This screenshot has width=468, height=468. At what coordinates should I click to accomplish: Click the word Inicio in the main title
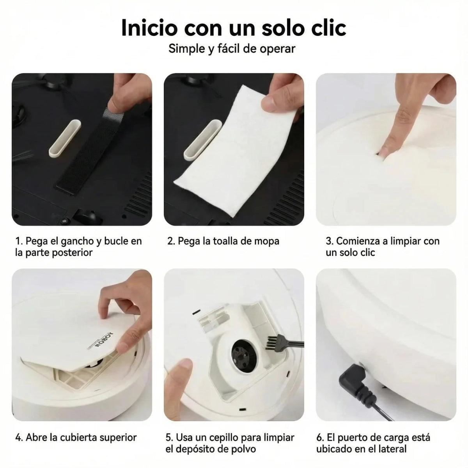(149, 28)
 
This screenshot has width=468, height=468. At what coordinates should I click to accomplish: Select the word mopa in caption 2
(267, 241)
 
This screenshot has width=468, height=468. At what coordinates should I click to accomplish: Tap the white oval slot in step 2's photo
(203, 141)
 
